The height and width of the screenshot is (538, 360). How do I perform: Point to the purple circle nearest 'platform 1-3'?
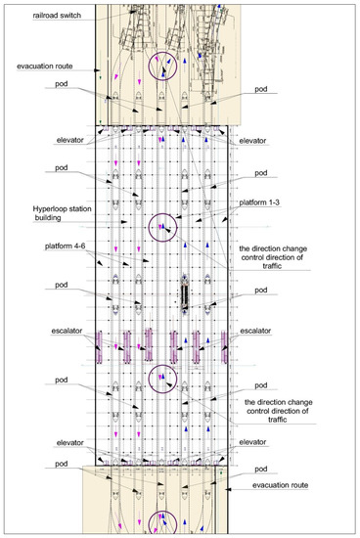point(162,228)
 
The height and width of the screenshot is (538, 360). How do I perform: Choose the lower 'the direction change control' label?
point(279,408)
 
